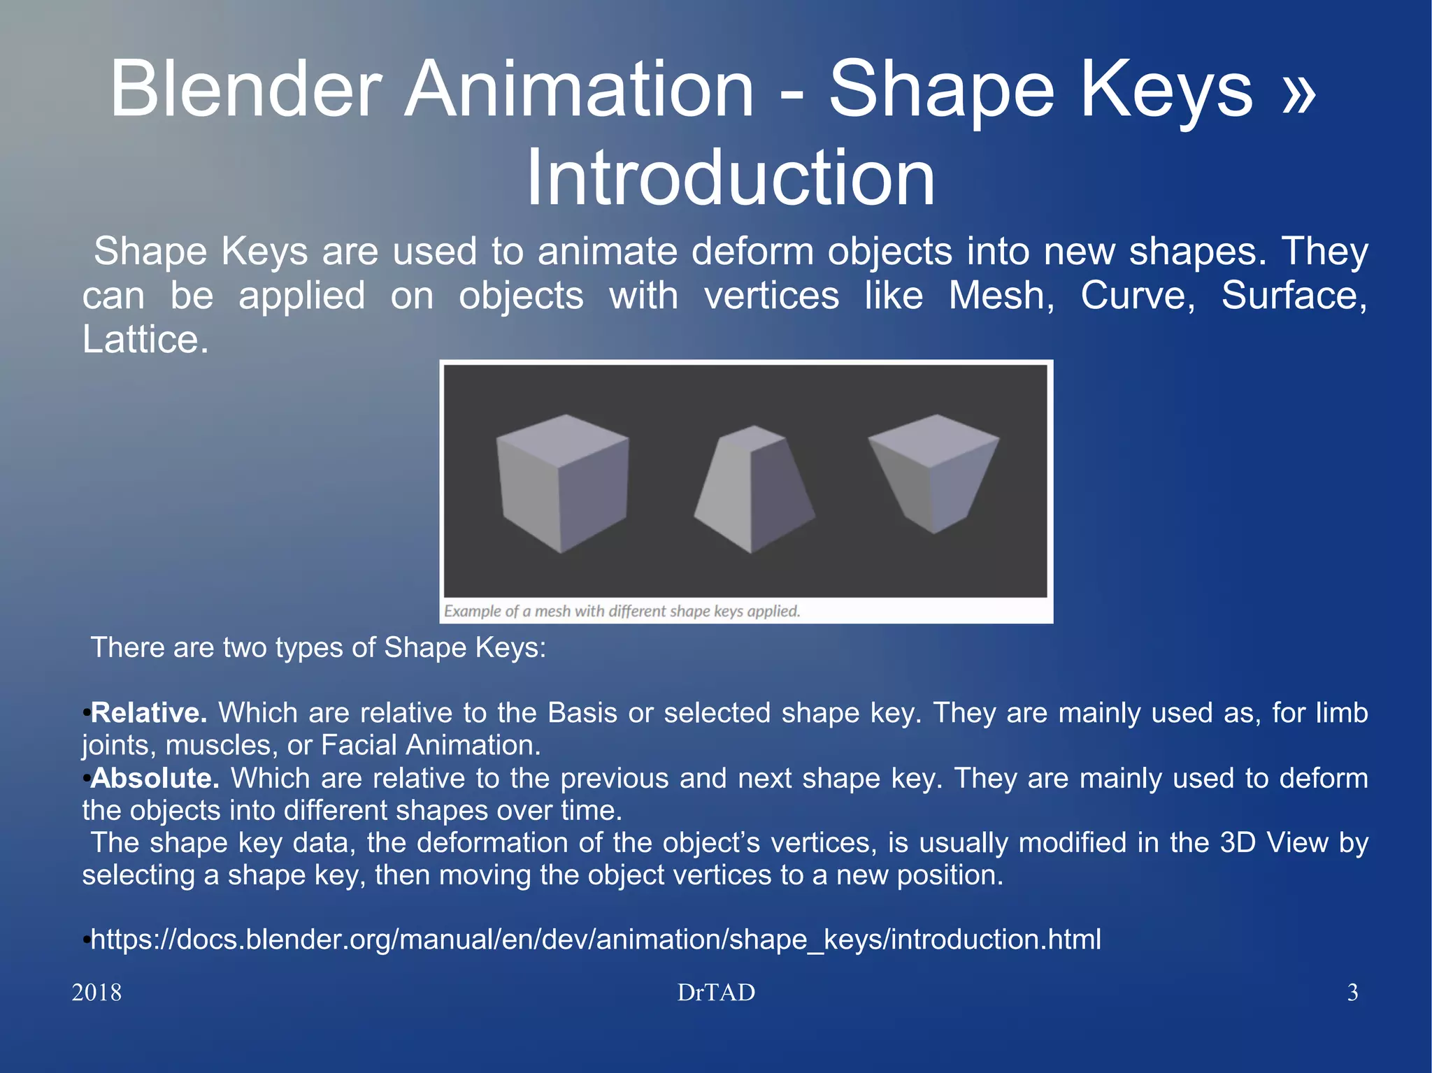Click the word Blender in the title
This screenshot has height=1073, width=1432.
[x=245, y=89]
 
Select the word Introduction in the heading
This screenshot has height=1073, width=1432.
[x=729, y=178]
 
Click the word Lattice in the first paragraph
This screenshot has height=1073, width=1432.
[x=145, y=340]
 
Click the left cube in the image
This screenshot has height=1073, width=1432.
[x=564, y=482]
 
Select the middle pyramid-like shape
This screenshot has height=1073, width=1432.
[x=754, y=489]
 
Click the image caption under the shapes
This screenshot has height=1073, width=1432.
[x=622, y=611]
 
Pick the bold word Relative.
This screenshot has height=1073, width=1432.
[x=148, y=713]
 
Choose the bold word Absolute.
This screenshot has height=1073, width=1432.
[x=155, y=778]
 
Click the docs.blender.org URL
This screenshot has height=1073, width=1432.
[x=596, y=939]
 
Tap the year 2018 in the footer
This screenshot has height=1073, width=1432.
[x=96, y=993]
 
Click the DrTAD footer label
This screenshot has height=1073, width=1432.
[x=716, y=993]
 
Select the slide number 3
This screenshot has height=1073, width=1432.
[x=1352, y=993]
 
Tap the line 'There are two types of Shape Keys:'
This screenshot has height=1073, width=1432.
[x=318, y=648]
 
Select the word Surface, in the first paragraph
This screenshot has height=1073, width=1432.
[x=1294, y=296]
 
